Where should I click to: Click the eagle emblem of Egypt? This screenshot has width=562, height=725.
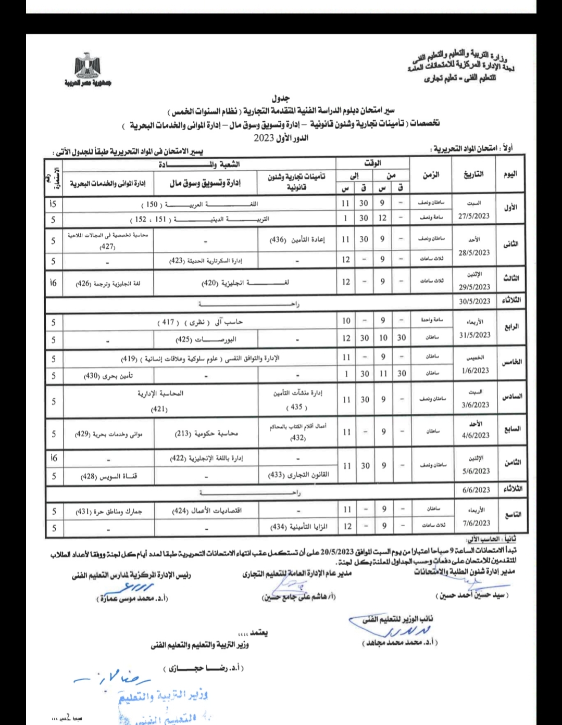click(87, 66)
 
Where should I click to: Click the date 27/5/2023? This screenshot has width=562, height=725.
click(473, 216)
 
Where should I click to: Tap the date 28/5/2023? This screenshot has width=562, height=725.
click(474, 252)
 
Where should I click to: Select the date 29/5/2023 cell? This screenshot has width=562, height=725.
click(474, 287)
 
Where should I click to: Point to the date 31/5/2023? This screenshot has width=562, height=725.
click(474, 335)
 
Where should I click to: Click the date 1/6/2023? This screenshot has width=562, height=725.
click(474, 371)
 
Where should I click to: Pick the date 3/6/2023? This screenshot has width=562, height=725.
click(474, 404)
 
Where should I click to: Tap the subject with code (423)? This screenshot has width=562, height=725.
click(206, 261)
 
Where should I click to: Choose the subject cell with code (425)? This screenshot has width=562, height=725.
click(206, 339)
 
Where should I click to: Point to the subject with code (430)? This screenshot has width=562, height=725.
click(108, 375)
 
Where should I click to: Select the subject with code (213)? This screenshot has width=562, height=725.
click(206, 433)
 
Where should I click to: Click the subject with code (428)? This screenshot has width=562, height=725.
click(108, 476)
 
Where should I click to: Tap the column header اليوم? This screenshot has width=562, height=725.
click(510, 175)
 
